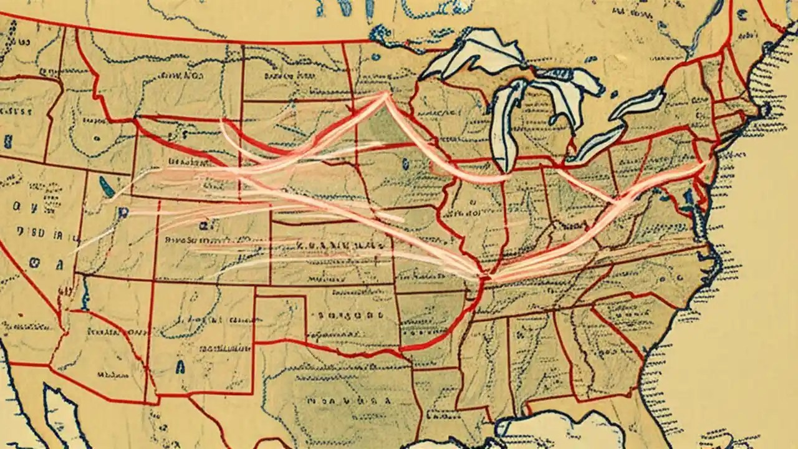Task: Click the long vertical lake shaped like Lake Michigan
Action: click(x=502, y=125)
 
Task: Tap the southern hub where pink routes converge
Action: click(x=483, y=275)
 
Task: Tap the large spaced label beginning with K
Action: click(x=330, y=244)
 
